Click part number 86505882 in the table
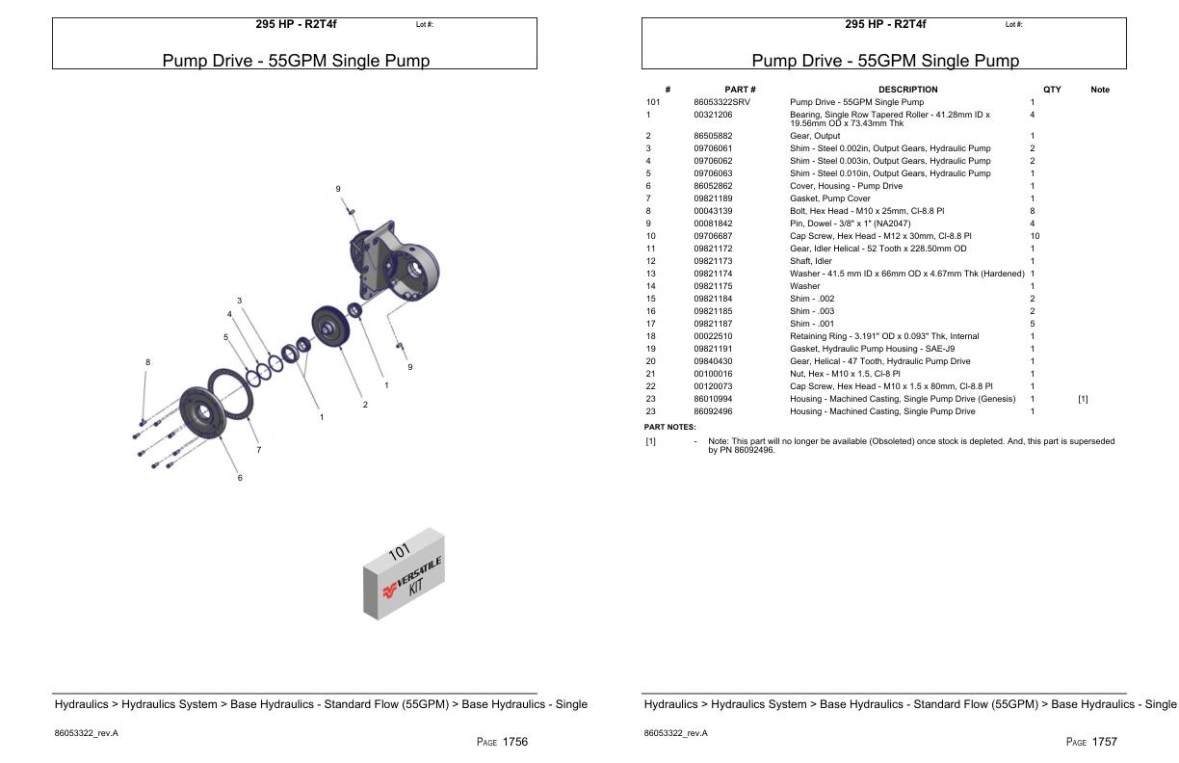(x=713, y=136)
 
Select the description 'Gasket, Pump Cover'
(x=829, y=198)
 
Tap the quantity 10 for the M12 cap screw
(x=1035, y=236)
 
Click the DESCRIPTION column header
(x=906, y=90)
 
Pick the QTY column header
(x=1052, y=90)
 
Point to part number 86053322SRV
(x=721, y=102)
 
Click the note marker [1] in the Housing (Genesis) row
(x=1083, y=399)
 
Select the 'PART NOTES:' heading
(x=669, y=427)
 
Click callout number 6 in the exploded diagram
(x=240, y=478)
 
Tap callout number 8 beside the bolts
(x=147, y=362)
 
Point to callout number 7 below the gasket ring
(x=258, y=450)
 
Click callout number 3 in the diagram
(x=239, y=301)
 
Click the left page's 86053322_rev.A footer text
(x=87, y=733)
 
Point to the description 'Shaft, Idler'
(x=810, y=261)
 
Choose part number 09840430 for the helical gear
(x=713, y=361)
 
